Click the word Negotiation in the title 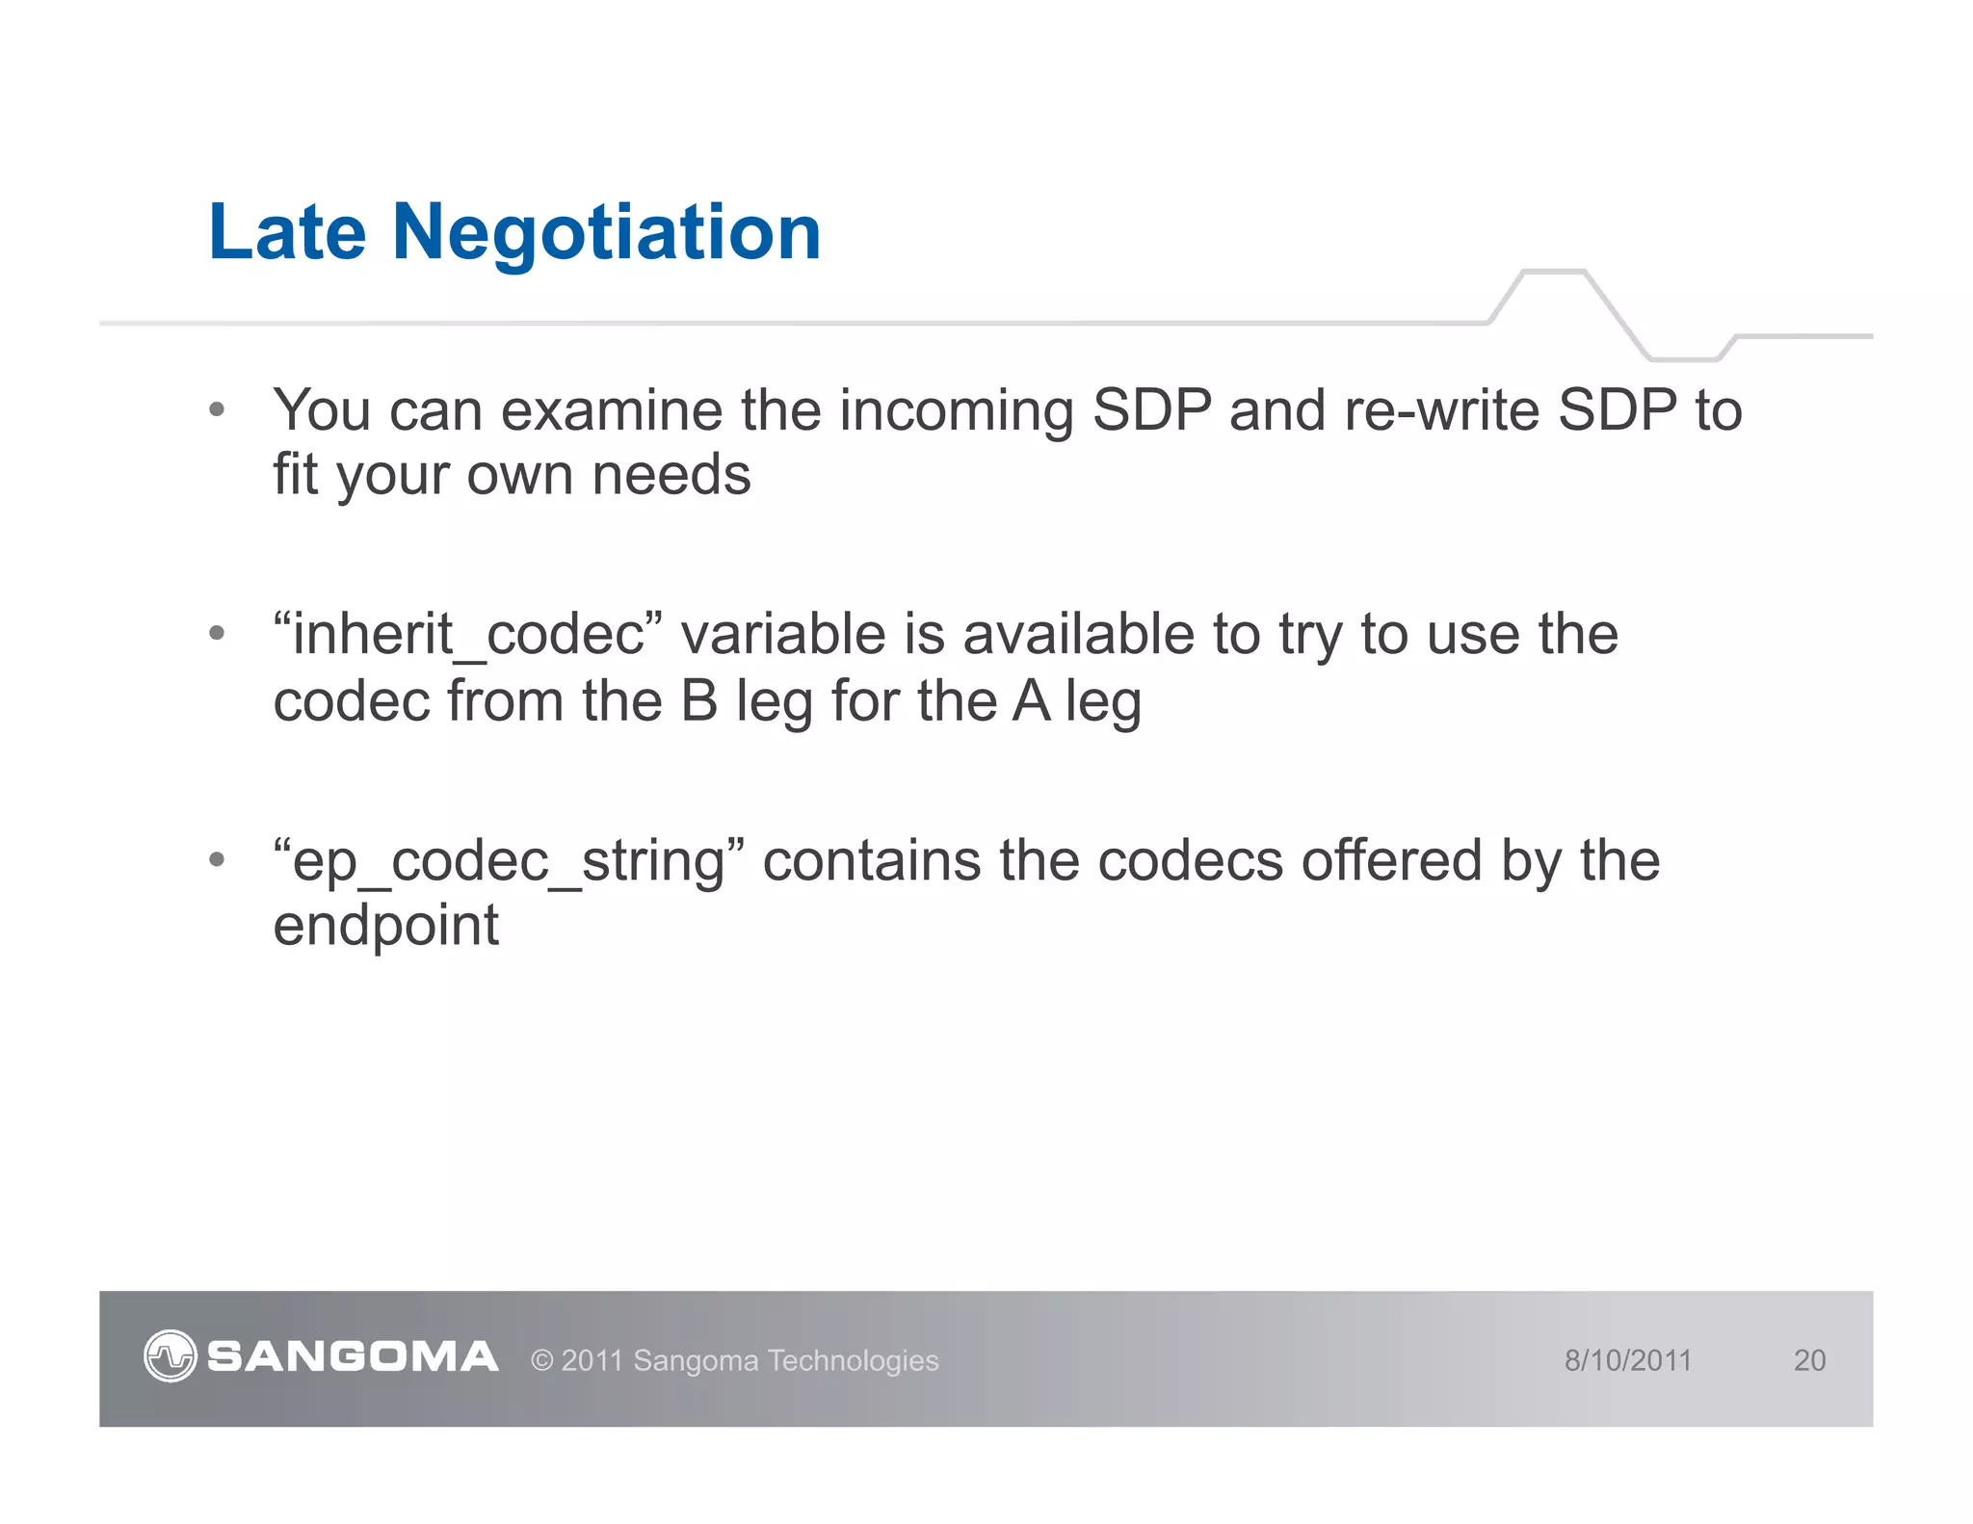[606, 234]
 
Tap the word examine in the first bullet [612, 410]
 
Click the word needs [671, 476]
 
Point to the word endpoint [385, 927]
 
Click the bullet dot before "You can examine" [217, 409]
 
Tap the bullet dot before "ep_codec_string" [217, 858]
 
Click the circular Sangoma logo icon [171, 1356]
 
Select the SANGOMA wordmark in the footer [353, 1357]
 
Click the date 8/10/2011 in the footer [1627, 1360]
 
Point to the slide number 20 [1809, 1360]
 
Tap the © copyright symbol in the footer [542, 1361]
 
